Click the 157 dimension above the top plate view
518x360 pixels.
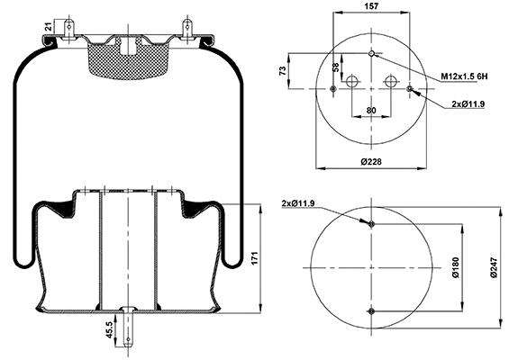tap(371, 6)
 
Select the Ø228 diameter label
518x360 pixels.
tap(371, 162)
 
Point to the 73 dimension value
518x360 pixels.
tap(282, 70)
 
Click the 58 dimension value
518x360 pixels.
tap(336, 68)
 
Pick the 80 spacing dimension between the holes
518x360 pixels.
tap(371, 112)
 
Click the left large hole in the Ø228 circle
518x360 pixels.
tap(351, 82)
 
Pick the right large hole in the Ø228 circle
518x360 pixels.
tap(391, 82)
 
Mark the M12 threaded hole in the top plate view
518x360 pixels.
tap(371, 53)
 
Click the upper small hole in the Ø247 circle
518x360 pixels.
tap(371, 223)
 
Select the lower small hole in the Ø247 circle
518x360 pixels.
tap(371, 311)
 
